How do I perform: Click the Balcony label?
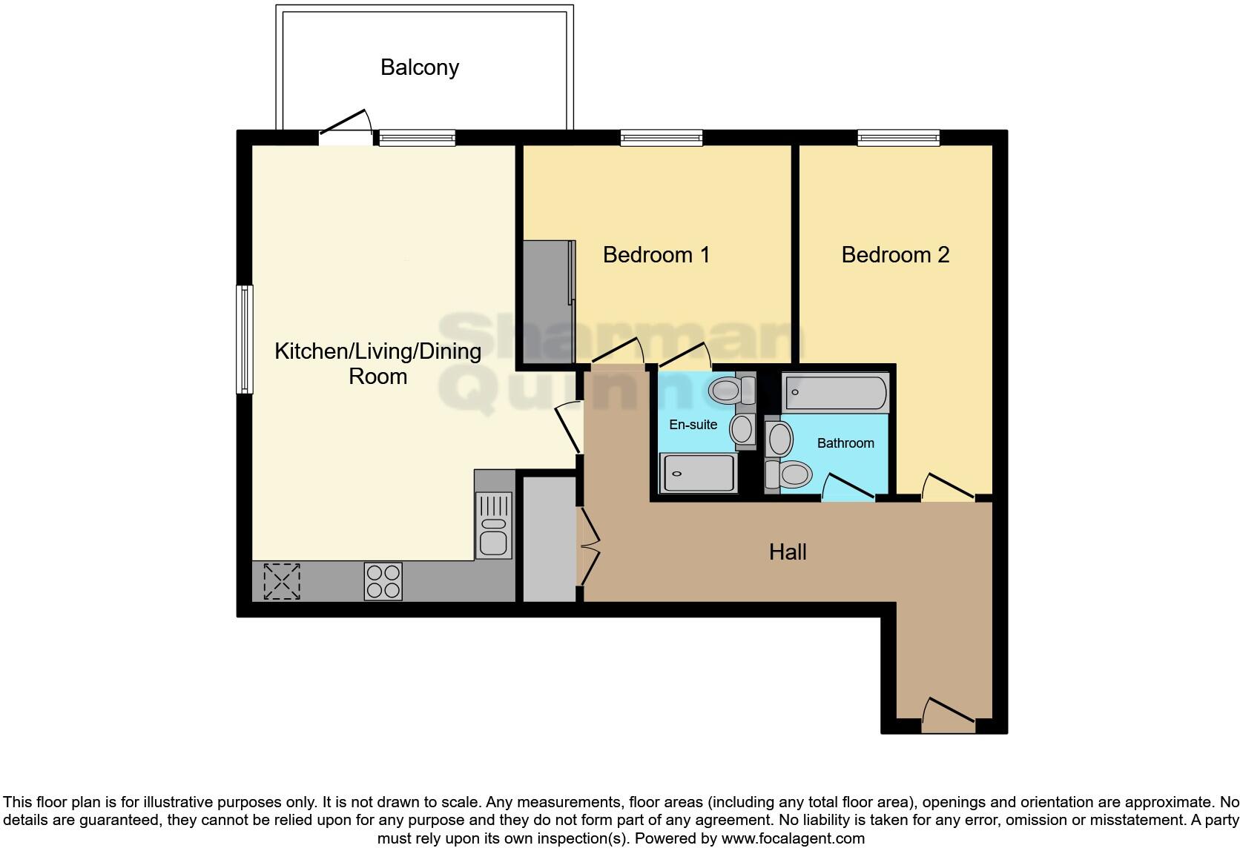(419, 67)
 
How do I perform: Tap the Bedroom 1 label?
(656, 255)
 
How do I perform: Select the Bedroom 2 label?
(894, 255)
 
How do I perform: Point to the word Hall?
(787, 551)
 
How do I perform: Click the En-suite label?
(693, 425)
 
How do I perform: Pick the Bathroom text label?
(845, 443)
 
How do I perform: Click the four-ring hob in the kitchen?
(383, 581)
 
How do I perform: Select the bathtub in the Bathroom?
(836, 393)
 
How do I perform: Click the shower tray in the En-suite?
(699, 473)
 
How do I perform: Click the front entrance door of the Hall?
(948, 713)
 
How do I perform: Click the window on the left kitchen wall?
(244, 339)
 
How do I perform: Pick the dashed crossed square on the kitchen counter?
(283, 581)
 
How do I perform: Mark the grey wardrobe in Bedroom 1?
(548, 301)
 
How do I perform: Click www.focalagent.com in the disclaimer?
(792, 838)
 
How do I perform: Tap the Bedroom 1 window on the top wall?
(661, 137)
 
